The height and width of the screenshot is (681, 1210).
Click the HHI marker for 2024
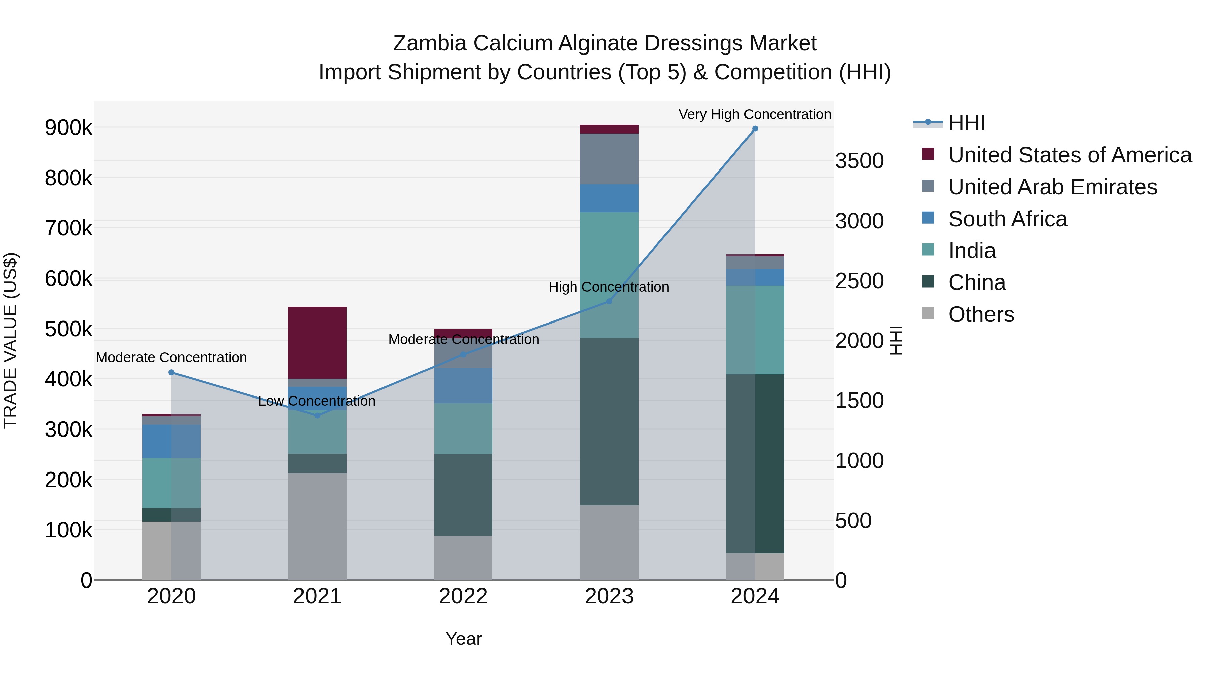tap(755, 129)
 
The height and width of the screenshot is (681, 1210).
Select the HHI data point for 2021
tap(317, 415)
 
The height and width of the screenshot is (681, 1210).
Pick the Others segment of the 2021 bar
tap(317, 526)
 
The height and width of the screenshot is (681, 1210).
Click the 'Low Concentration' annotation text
tap(317, 401)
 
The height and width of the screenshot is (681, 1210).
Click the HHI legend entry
tap(966, 123)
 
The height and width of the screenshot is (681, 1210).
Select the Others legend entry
tap(981, 314)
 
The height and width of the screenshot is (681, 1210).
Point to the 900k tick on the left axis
tap(69, 128)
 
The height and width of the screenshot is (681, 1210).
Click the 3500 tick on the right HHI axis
tap(859, 161)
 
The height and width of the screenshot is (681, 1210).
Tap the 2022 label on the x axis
tap(463, 596)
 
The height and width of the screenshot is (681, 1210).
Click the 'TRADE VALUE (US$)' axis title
tap(11, 340)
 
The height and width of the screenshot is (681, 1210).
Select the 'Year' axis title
tap(463, 639)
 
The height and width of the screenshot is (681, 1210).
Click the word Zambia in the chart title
tap(429, 43)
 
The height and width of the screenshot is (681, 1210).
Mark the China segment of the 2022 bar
tap(463, 495)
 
